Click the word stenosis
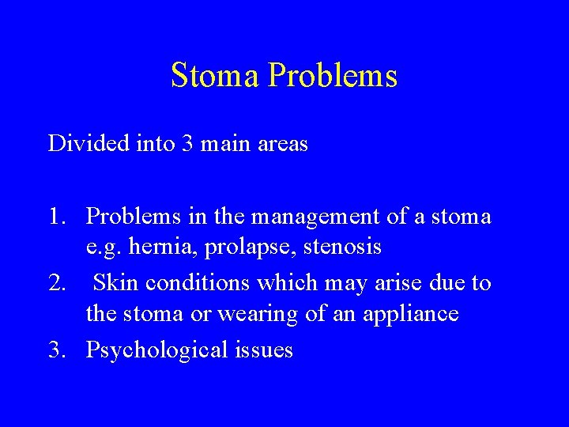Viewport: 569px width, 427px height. click(x=342, y=248)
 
